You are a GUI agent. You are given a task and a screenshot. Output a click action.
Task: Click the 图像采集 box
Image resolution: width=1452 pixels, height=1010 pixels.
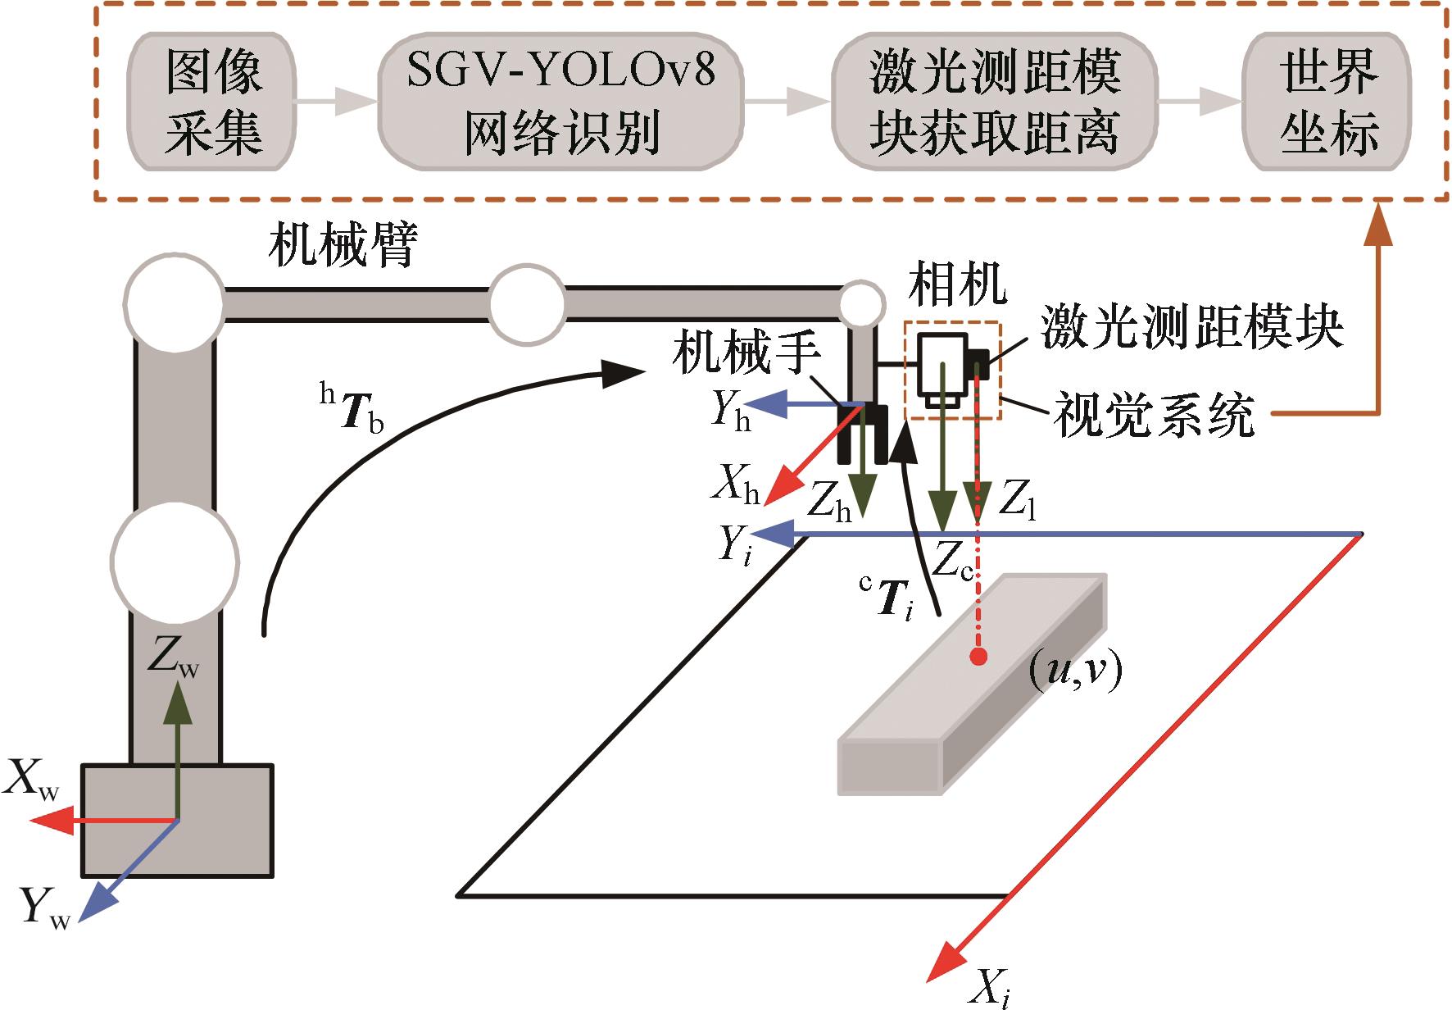[x=211, y=102]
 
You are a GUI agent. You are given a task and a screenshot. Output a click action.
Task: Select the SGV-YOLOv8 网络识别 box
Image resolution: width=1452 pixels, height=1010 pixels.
[x=561, y=102]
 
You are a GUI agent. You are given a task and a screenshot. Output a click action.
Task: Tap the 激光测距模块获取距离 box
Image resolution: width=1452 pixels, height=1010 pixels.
[x=994, y=102]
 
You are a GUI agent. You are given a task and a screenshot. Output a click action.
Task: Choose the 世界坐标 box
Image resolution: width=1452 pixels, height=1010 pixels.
[x=1327, y=102]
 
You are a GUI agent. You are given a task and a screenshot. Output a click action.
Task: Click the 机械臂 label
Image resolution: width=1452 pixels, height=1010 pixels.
[x=343, y=244]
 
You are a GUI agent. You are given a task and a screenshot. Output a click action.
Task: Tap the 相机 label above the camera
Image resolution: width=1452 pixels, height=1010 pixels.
[x=957, y=284]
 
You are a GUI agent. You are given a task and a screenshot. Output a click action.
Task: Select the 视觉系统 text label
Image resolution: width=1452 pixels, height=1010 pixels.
[x=1154, y=415]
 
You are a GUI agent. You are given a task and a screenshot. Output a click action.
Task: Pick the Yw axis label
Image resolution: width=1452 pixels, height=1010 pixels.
[x=45, y=908]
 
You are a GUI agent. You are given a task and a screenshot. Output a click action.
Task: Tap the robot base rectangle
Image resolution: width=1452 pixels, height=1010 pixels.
[x=176, y=820]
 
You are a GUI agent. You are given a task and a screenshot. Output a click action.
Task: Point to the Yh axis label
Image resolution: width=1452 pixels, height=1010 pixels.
[x=730, y=408]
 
